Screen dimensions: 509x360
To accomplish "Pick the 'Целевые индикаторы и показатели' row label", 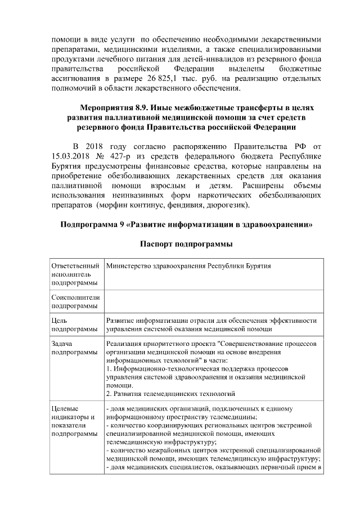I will coord(71,421).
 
